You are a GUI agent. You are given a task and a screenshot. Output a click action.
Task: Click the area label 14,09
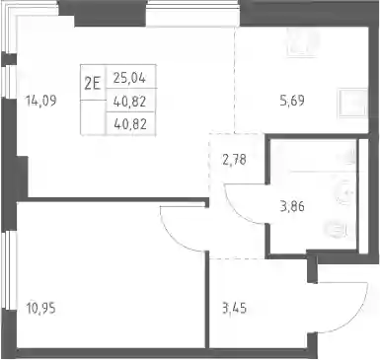click(41, 101)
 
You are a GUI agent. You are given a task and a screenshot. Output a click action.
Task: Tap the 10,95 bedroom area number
click(41, 309)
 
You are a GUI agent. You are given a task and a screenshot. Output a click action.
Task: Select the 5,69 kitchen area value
click(292, 101)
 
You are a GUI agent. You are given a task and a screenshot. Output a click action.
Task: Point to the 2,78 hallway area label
click(235, 161)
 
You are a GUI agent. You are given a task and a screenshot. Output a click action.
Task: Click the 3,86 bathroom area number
click(292, 207)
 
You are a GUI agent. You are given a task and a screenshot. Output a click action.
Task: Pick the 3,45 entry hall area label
click(235, 309)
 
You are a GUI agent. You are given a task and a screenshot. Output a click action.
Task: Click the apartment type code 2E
click(93, 84)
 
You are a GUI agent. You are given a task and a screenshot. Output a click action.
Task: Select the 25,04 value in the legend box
click(129, 78)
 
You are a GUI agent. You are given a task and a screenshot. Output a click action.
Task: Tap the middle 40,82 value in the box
click(129, 102)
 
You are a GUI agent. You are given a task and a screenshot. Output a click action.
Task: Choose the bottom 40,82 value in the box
click(129, 124)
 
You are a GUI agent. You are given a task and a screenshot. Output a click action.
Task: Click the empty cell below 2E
click(93, 117)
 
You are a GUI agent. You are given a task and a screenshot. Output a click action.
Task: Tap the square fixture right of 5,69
click(353, 103)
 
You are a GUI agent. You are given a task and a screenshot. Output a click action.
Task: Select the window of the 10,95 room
click(7, 270)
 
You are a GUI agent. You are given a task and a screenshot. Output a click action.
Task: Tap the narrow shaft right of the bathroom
click(363, 196)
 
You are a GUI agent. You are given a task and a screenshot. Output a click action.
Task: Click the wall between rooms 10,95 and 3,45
click(207, 299)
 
